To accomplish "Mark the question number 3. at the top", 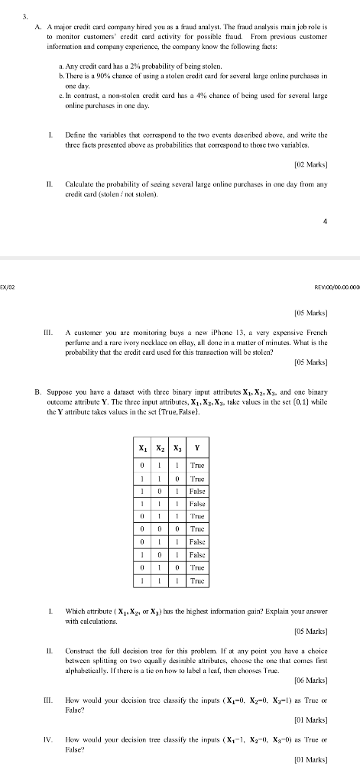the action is click(x=25, y=15).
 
